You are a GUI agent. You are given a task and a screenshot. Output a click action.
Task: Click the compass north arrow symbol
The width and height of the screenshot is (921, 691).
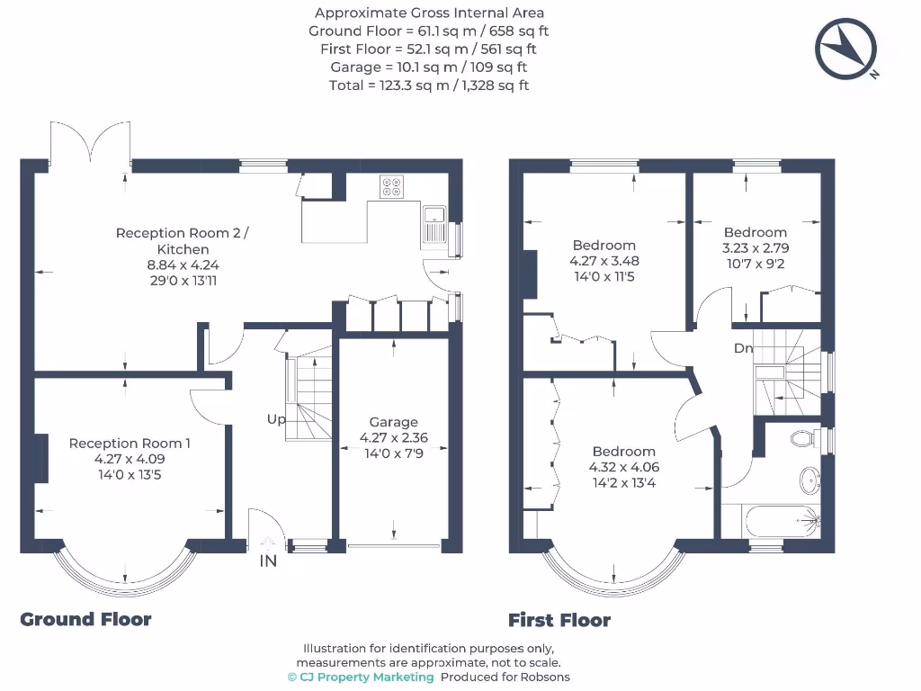click(845, 49)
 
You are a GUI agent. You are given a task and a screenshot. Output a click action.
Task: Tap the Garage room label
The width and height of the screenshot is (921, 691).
click(394, 422)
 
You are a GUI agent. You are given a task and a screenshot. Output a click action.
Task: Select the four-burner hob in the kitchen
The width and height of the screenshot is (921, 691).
click(391, 187)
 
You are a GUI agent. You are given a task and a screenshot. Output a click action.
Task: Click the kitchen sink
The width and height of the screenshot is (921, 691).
click(434, 224)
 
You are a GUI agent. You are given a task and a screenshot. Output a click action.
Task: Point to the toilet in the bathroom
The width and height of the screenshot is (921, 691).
click(805, 438)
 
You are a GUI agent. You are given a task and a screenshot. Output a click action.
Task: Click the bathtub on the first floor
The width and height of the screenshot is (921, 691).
click(782, 521)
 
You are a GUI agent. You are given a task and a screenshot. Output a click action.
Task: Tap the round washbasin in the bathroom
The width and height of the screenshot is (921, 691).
click(810, 480)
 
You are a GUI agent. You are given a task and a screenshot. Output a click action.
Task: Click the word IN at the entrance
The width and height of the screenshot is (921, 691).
click(268, 561)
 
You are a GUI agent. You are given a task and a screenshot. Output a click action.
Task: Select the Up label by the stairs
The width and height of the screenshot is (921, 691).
click(276, 419)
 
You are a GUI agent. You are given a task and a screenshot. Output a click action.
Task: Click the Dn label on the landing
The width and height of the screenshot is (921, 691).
click(743, 348)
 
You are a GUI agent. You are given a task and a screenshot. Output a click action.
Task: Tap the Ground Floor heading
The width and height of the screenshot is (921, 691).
click(85, 619)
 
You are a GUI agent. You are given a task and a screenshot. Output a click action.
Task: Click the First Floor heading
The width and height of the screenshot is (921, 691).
click(559, 620)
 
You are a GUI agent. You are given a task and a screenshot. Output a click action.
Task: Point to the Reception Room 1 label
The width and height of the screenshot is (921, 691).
click(130, 443)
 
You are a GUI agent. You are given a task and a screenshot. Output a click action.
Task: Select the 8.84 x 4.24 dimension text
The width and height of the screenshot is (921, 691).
click(183, 265)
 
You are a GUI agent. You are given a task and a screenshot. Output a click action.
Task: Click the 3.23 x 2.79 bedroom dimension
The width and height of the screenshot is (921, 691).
click(756, 248)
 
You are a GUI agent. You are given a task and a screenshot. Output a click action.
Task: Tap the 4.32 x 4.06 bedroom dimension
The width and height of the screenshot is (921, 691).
click(624, 467)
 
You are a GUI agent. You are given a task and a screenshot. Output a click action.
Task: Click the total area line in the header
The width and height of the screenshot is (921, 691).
click(429, 85)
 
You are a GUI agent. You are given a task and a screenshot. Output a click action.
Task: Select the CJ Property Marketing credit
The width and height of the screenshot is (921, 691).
click(361, 677)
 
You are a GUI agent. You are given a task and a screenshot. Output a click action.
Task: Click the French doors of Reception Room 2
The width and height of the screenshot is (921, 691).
click(90, 142)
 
